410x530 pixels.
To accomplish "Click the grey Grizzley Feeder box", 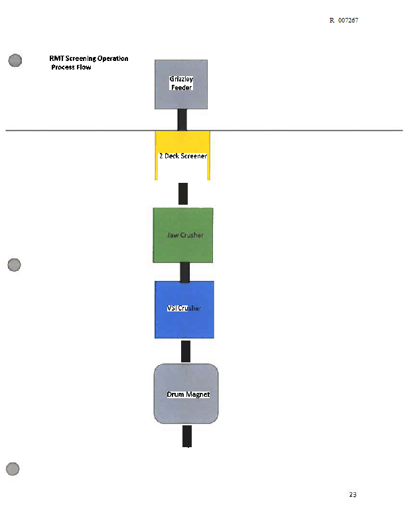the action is (x=181, y=85).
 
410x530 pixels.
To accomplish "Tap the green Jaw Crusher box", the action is (x=183, y=235).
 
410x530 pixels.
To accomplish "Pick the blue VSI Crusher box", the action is (x=184, y=309).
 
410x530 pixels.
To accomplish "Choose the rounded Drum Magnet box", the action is (x=186, y=394).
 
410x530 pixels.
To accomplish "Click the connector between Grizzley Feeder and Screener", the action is (x=182, y=120).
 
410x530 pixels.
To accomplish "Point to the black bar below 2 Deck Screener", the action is (x=183, y=193).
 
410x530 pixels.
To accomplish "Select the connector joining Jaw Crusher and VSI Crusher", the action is (x=185, y=272).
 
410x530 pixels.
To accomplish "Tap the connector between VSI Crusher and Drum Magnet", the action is (x=186, y=351).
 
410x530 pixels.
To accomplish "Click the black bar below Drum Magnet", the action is (x=187, y=436).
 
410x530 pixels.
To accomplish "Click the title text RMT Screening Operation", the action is (x=89, y=58).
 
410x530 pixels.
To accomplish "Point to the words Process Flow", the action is (x=71, y=68).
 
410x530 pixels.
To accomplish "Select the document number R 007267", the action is (x=344, y=21).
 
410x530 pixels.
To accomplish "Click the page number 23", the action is (x=353, y=494).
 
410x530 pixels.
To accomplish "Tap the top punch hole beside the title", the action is (x=15, y=60).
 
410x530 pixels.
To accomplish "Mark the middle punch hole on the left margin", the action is (x=14, y=265).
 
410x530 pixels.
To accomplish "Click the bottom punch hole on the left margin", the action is (x=13, y=469).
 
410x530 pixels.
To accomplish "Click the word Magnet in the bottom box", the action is (x=198, y=394).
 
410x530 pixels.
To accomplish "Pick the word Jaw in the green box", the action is (x=172, y=235).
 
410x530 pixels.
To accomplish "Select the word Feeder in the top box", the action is (x=182, y=87).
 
